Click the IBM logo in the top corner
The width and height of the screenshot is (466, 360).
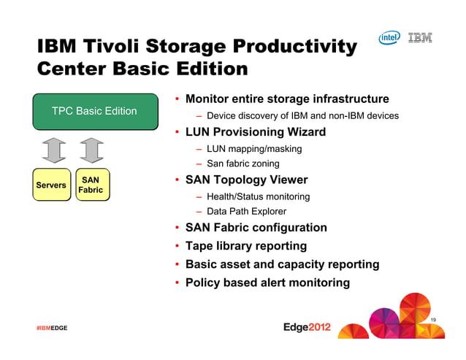[419, 37]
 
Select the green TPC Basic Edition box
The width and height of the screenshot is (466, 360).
[94, 111]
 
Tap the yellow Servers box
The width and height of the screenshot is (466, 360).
[51, 185]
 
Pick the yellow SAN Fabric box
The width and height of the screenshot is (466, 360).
[91, 185]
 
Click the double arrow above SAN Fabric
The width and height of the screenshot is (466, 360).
[91, 151]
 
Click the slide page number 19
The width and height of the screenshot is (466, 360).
[433, 321]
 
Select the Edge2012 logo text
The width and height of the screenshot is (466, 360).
[307, 327]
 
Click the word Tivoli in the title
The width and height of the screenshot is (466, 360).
[110, 47]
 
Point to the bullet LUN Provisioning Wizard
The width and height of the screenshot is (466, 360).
[255, 132]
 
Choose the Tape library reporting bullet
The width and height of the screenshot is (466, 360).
[245, 246]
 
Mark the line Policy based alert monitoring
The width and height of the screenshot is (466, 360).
[267, 283]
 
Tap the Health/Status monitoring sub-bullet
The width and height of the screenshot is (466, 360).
[258, 196]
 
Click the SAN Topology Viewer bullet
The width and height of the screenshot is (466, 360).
[246, 180]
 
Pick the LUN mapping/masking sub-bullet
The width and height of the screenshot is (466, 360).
[253, 148]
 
